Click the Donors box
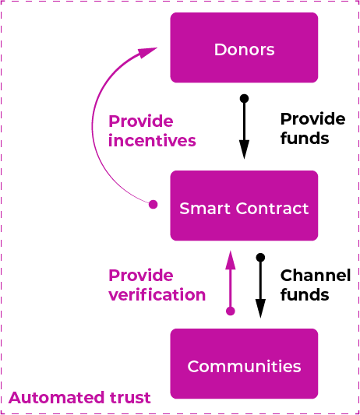click(x=244, y=47)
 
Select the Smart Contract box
click(x=244, y=206)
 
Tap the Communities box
click(x=244, y=364)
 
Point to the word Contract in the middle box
click(x=272, y=209)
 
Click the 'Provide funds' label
click(x=312, y=128)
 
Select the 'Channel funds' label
click(x=316, y=285)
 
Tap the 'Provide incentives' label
click(x=152, y=131)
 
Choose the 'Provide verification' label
click(x=157, y=285)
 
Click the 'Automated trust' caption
click(x=79, y=398)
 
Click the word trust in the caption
click(x=130, y=398)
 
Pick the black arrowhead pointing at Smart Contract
click(x=244, y=149)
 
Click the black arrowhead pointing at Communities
click(x=260, y=308)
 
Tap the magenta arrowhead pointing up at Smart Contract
click(x=231, y=260)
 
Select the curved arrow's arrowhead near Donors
click(x=147, y=52)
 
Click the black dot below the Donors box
click(x=244, y=98)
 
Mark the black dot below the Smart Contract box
click(x=260, y=257)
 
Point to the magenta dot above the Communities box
click(x=231, y=311)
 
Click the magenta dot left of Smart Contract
click(x=153, y=204)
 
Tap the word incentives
click(x=152, y=140)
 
